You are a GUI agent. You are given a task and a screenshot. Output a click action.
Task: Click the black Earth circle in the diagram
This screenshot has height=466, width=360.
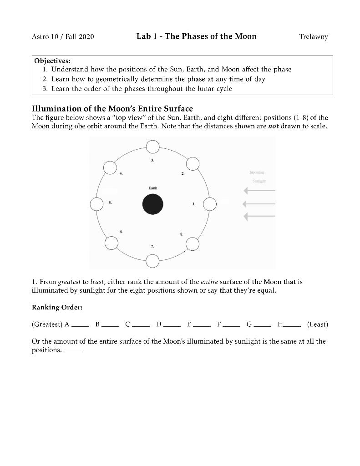tap(152, 204)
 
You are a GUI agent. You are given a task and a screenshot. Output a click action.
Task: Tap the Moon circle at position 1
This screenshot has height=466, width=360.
tap(209, 204)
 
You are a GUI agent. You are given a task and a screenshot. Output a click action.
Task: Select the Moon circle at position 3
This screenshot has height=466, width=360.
tap(152, 147)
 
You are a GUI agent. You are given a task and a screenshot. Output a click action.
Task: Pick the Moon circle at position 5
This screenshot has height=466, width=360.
tap(96, 204)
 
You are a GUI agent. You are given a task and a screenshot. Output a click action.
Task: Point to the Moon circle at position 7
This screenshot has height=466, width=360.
tap(152, 261)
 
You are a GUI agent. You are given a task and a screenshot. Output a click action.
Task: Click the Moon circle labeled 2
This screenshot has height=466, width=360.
tap(193, 164)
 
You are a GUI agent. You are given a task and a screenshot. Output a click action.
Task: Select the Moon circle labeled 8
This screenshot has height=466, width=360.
tap(193, 244)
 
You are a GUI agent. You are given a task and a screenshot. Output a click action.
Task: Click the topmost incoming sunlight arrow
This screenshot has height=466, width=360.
tap(259, 190)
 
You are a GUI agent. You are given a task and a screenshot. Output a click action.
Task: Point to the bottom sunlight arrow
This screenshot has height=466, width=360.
tap(259, 217)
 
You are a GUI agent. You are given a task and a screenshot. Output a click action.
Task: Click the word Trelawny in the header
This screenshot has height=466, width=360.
tap(313, 36)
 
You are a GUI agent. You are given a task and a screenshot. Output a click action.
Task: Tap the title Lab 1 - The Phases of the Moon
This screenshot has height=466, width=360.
tap(196, 36)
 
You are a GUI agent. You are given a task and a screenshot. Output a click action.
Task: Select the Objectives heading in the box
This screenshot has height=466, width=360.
tap(52, 61)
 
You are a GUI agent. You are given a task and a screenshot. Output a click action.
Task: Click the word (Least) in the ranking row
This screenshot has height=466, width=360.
tap(317, 324)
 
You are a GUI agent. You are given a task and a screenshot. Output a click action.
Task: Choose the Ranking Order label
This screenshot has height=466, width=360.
tap(57, 307)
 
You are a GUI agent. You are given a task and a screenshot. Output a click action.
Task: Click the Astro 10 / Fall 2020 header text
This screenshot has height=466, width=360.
tap(63, 36)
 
